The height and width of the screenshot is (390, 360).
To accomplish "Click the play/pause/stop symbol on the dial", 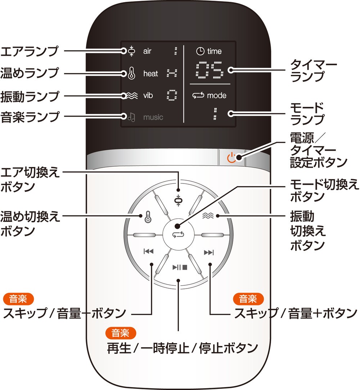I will pyautogui.click(x=180, y=267).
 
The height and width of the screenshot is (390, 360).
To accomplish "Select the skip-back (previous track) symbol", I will pyautogui.click(x=148, y=252).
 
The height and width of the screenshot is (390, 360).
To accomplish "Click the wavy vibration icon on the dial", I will pyautogui.click(x=208, y=216).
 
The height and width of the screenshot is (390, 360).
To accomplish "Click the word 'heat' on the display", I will pyautogui.click(x=150, y=74).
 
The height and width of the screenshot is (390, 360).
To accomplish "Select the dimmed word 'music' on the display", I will pyautogui.click(x=153, y=117).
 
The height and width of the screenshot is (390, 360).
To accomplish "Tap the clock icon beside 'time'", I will pyautogui.click(x=200, y=51).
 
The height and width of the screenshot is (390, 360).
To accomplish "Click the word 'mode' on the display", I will pyautogui.click(x=217, y=96).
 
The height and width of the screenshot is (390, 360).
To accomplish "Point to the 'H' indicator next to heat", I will pyautogui.click(x=172, y=73).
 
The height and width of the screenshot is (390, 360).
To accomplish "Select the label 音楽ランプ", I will pyautogui.click(x=29, y=117).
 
